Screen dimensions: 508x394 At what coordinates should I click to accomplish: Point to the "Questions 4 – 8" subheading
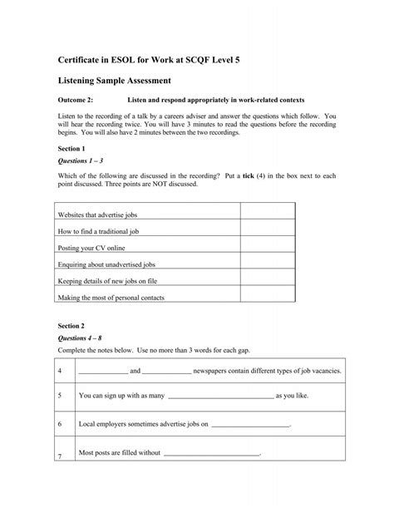(81, 340)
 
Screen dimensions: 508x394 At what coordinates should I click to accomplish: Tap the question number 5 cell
(61, 397)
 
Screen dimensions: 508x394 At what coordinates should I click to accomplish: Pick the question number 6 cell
(61, 425)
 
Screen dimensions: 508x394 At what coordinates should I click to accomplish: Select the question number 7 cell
(61, 454)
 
